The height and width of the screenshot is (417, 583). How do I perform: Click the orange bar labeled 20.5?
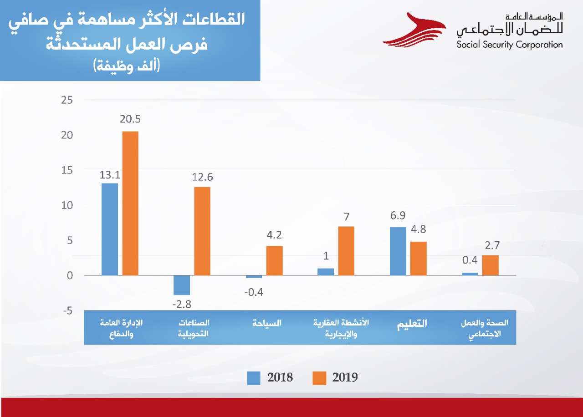coord(130,203)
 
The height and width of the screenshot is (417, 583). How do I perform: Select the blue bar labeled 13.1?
coord(110,229)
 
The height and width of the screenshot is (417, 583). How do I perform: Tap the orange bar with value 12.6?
coord(202,231)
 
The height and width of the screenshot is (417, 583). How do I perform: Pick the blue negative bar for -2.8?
coord(182,285)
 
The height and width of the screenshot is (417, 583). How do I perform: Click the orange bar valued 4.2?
coord(275,260)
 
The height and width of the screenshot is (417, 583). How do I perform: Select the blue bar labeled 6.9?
coord(398,251)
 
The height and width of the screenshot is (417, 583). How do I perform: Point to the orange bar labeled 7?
coord(346,250)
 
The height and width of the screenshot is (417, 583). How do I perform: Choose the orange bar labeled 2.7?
coord(491,265)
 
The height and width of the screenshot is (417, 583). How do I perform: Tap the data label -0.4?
coord(254,292)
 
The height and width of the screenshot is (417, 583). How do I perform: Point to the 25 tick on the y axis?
coord(67,100)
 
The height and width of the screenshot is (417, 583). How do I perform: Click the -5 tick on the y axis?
coord(67,311)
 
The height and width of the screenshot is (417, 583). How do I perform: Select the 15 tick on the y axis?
coord(67,170)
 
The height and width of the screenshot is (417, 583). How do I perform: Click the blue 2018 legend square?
coord(254,378)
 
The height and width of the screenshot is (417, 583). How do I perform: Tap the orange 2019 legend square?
coord(319,378)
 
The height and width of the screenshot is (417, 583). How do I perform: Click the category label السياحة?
coord(267,323)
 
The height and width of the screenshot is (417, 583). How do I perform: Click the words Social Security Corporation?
coord(510,45)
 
